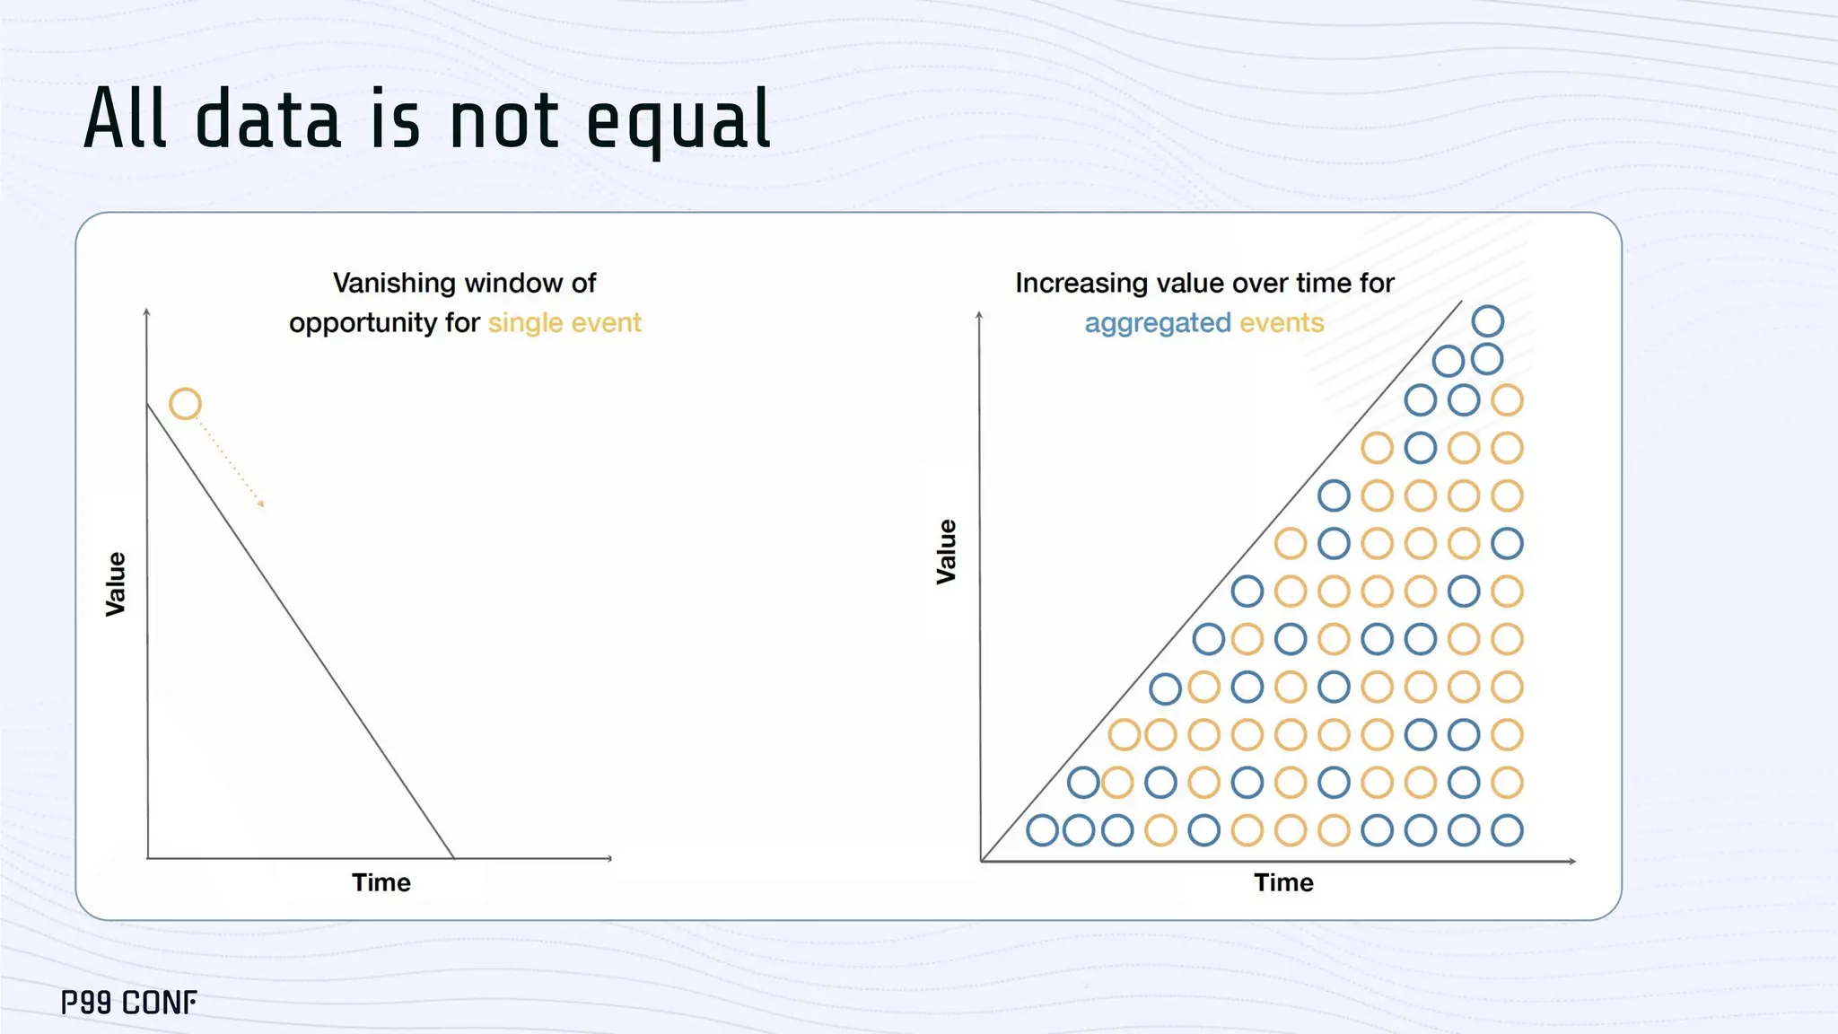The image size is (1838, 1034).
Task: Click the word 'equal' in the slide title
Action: coord(678,121)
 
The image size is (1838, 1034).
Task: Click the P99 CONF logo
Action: coord(128,1003)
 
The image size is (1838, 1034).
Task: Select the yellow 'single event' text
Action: coord(565,322)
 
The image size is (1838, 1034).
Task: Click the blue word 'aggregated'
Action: coord(1157,323)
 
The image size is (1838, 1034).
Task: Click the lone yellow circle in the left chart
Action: coord(185,404)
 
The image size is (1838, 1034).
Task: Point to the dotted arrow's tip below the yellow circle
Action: coord(261,504)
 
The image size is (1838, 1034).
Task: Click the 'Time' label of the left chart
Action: coord(381,882)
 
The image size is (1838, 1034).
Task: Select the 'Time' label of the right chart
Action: coord(1283,882)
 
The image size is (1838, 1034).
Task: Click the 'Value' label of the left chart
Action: coord(116,584)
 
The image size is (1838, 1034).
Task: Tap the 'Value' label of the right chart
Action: coord(947,551)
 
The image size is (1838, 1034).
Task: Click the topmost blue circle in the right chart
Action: coord(1487,320)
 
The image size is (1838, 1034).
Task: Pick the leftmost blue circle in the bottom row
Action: coord(1042,830)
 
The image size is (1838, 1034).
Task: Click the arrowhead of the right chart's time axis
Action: coord(1571,861)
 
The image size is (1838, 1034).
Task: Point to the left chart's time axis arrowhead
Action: coord(608,858)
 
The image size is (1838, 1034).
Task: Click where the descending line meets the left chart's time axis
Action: coord(453,858)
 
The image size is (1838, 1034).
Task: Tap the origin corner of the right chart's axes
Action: coord(982,861)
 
